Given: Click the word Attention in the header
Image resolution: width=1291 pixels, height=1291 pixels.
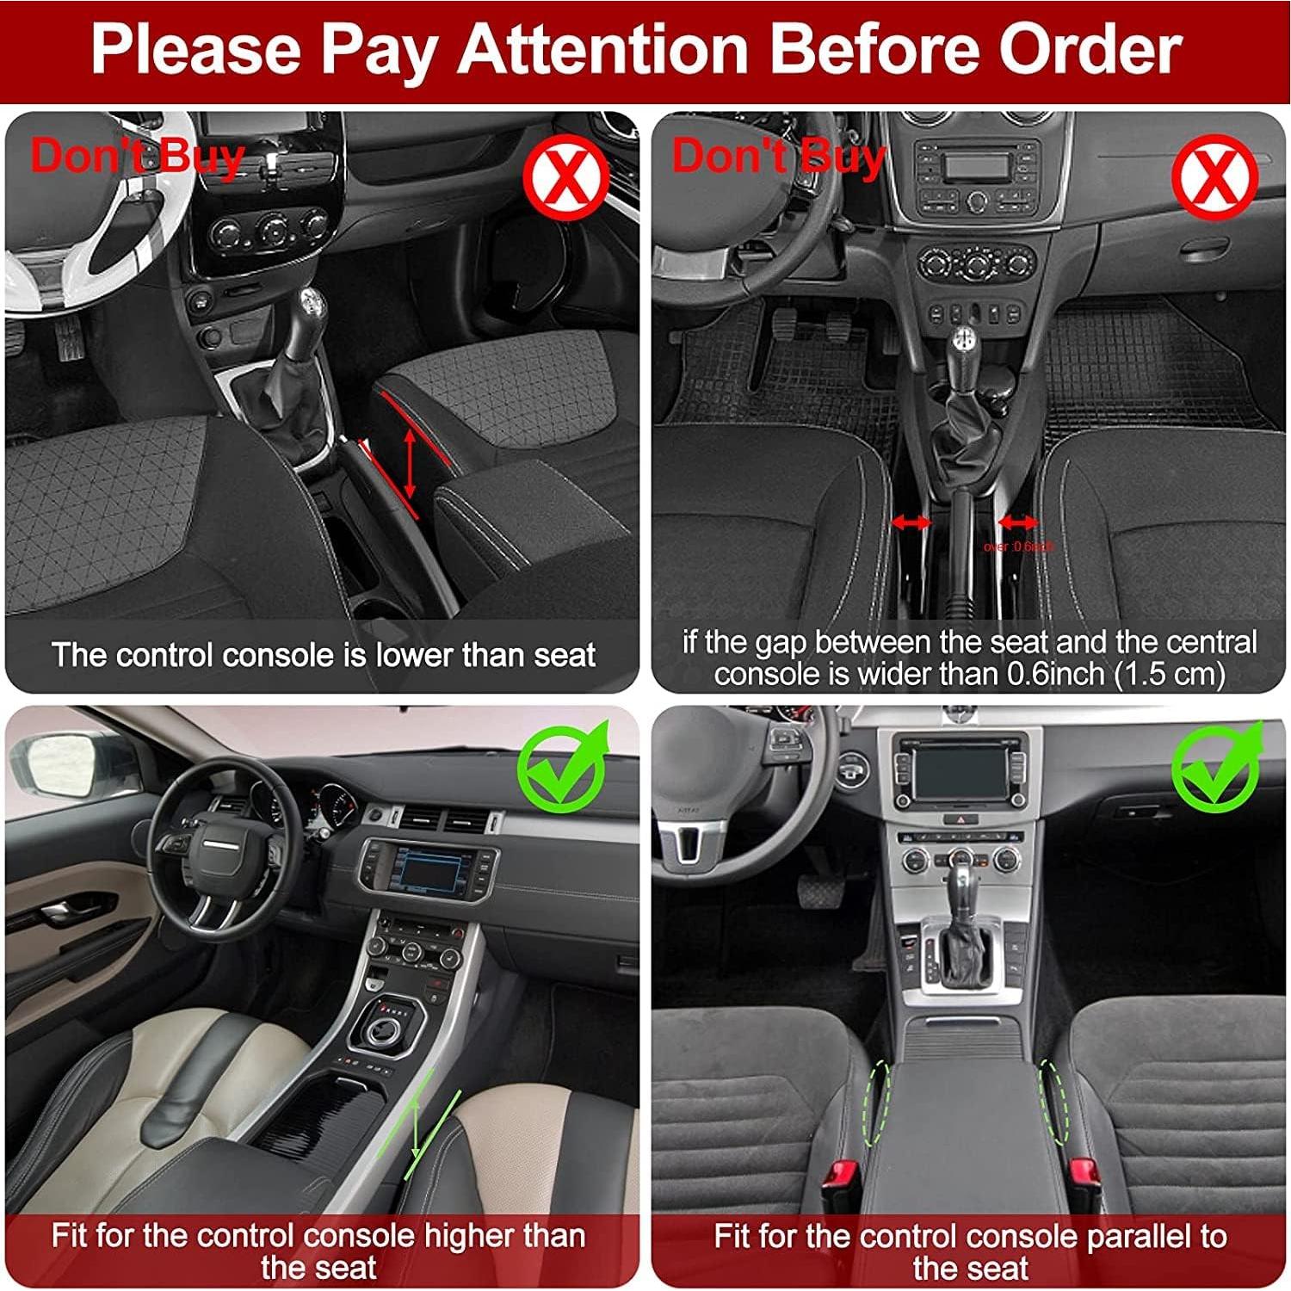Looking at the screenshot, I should [x=603, y=49].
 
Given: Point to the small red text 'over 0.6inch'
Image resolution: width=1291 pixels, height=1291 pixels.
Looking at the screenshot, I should [x=1018, y=547].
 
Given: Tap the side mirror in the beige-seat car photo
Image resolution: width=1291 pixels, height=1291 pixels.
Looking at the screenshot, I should [x=60, y=765].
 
